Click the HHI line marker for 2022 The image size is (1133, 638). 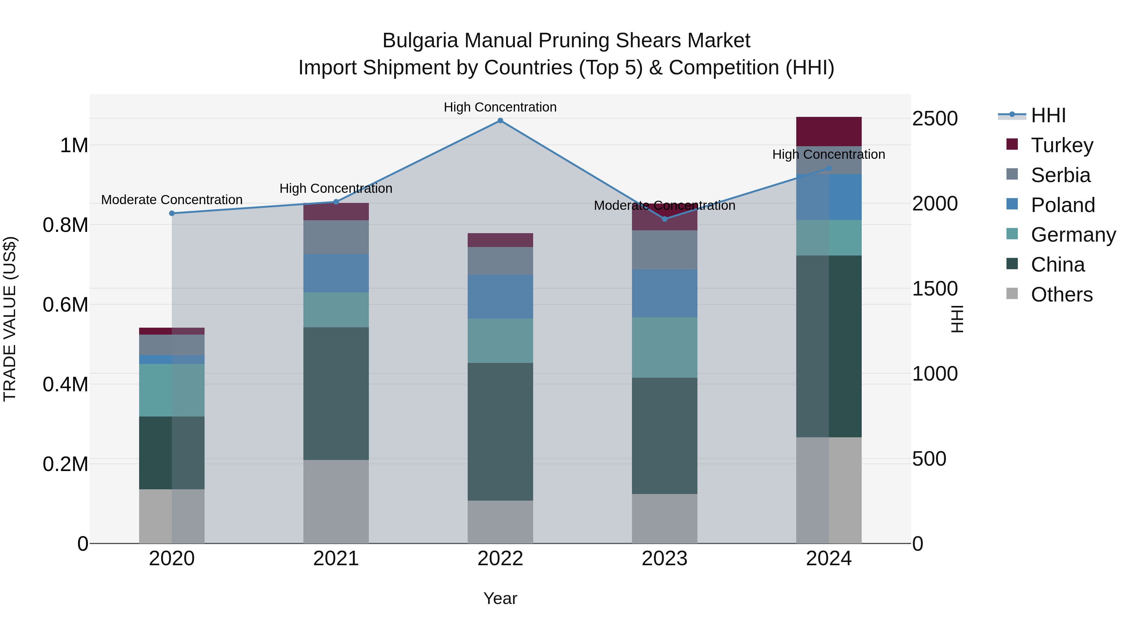click(500, 121)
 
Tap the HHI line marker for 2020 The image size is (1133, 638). click(172, 214)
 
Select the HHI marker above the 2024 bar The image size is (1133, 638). click(829, 168)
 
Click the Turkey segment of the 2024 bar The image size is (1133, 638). click(829, 131)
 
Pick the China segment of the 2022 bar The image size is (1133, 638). click(500, 432)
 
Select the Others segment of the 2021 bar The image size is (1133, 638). click(336, 502)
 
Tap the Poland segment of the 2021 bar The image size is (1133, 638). click(336, 273)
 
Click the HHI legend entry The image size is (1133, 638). click(1048, 115)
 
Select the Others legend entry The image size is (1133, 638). click(1061, 295)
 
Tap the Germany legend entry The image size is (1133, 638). click(1073, 235)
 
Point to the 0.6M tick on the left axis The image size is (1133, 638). click(65, 305)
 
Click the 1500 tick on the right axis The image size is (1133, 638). click(935, 289)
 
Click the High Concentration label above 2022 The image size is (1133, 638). click(500, 107)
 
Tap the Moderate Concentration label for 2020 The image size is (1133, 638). click(172, 200)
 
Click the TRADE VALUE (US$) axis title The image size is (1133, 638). click(10, 319)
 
